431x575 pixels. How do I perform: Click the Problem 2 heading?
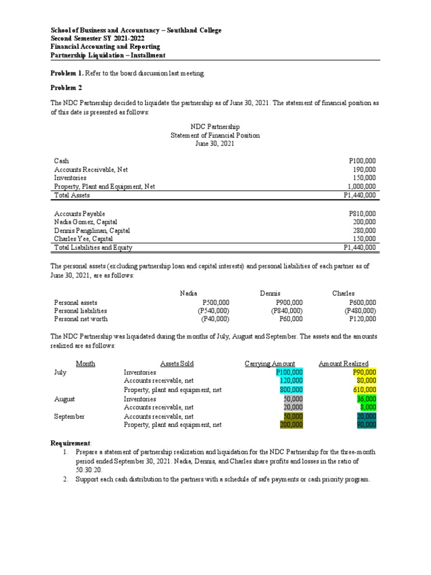pyautogui.click(x=66, y=88)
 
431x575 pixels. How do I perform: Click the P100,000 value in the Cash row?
pyautogui.click(x=362, y=161)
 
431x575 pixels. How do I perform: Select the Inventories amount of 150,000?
pyautogui.click(x=365, y=177)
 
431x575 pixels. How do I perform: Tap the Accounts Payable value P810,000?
pyautogui.click(x=362, y=214)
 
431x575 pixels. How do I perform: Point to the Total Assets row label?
pyautogui.click(x=72, y=195)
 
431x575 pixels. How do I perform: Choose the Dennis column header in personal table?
pyautogui.click(x=270, y=294)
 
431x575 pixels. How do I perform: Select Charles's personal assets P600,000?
pyautogui.click(x=362, y=303)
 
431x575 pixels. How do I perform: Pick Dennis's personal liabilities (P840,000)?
pyautogui.click(x=287, y=311)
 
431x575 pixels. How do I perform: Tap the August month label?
pyautogui.click(x=64, y=399)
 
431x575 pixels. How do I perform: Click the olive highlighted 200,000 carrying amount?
pyautogui.click(x=291, y=425)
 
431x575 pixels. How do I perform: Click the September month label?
pyautogui.click(x=69, y=417)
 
